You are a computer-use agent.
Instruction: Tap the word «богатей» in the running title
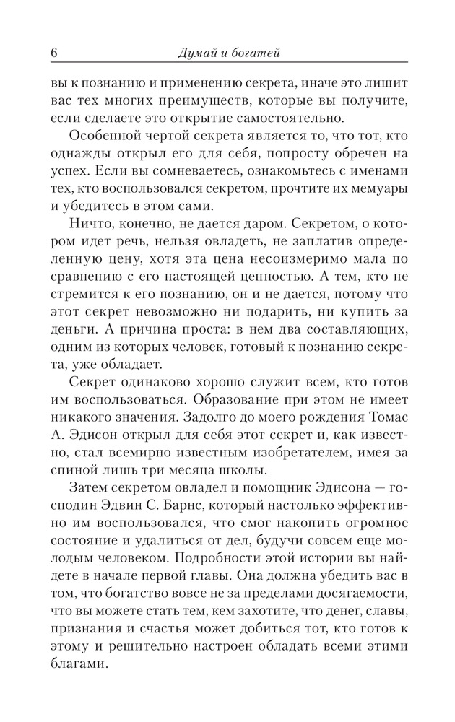pos(256,53)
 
